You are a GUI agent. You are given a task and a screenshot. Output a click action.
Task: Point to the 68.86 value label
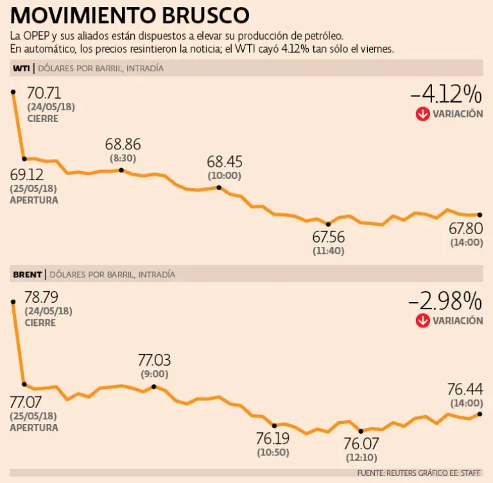click(123, 144)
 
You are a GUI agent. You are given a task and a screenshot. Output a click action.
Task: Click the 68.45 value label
click(224, 162)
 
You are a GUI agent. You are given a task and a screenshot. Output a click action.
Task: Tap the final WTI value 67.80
click(465, 228)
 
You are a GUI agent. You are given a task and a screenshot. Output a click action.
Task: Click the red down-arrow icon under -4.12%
click(422, 114)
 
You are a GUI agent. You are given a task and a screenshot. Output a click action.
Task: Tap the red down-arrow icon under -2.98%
click(422, 320)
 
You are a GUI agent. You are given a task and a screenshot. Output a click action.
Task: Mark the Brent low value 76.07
click(360, 444)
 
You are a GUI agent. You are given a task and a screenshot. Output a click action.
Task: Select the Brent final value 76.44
click(465, 389)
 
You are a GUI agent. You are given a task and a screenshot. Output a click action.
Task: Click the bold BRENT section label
click(27, 275)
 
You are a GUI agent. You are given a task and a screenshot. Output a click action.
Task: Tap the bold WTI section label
click(21, 69)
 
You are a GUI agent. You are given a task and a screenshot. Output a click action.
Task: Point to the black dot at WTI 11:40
click(328, 224)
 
